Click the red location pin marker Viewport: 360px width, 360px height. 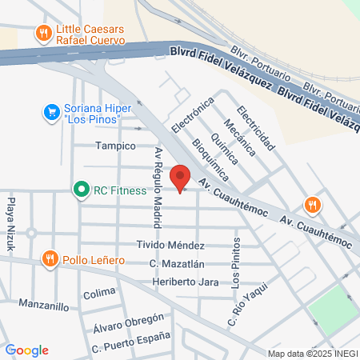(181, 177)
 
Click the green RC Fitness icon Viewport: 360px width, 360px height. (80, 190)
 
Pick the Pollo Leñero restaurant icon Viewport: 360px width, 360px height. (50, 258)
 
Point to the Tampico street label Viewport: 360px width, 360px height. (116, 146)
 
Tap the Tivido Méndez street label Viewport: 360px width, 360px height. (170, 245)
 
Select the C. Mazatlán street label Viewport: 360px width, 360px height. (177, 264)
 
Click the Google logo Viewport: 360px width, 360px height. (26, 350)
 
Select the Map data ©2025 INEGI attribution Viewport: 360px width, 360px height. (312, 354)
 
